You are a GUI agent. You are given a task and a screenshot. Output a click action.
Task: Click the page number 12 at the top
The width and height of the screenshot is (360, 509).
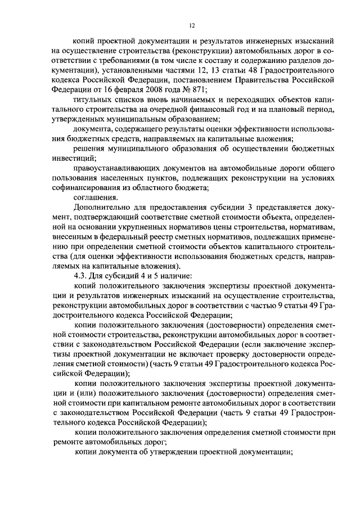191,25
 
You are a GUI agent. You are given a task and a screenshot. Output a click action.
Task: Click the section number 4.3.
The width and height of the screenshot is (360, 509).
83,276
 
